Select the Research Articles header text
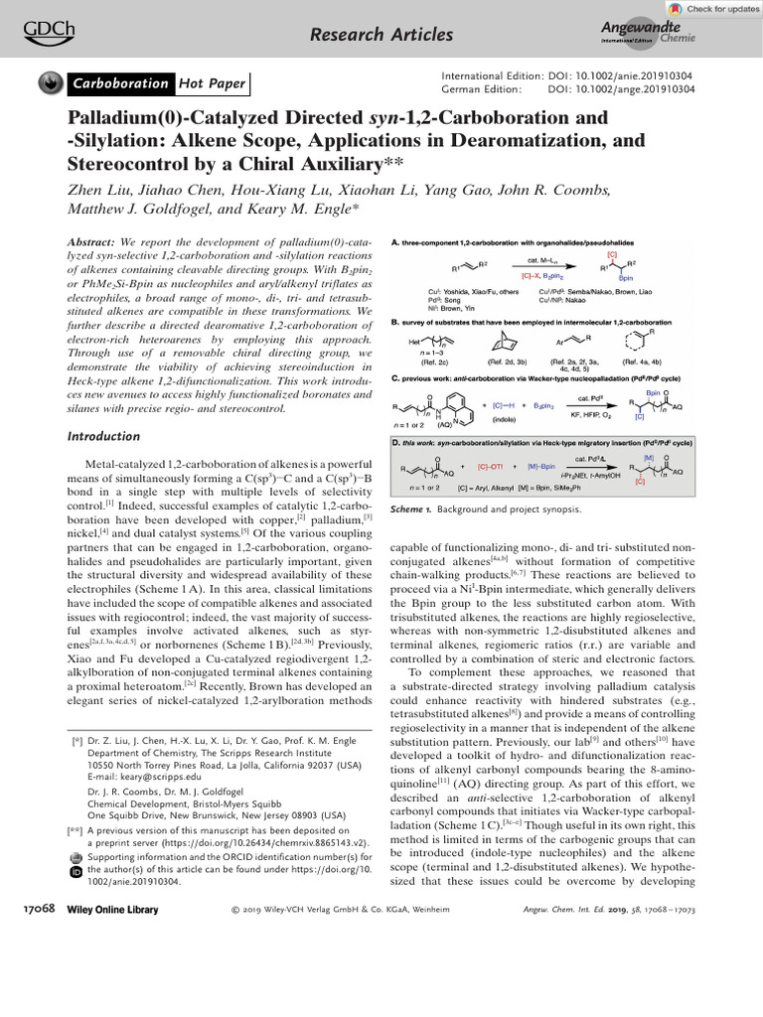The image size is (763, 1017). [381, 36]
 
